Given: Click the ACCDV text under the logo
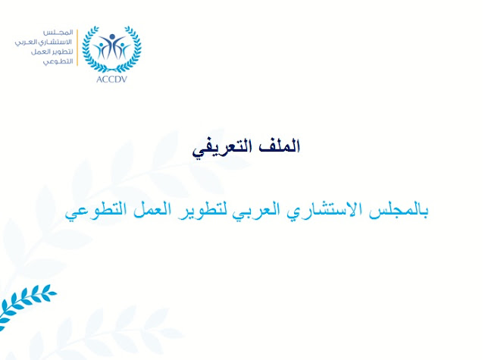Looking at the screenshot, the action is coord(111,80).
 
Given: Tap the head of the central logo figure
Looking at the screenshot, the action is coord(112,37).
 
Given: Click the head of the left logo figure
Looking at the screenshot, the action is coord(101,45).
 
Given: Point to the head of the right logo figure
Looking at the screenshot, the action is coord(123,45).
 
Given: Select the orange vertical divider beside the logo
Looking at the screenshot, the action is coord(77,47).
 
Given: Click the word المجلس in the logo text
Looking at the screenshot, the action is coord(58,33).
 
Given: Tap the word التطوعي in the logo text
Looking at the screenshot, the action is coord(58,61).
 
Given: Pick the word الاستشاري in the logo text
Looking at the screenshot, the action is coord(55,42).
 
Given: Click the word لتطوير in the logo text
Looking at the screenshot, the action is coord(64,52).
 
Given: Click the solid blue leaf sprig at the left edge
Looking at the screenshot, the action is coord(25,305).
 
